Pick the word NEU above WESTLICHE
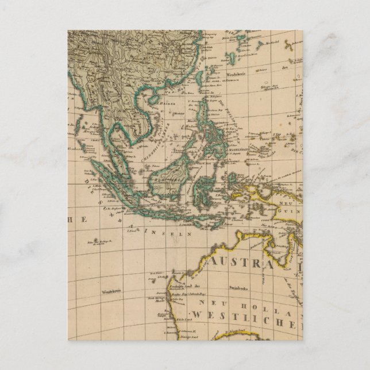click(x=208, y=301)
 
